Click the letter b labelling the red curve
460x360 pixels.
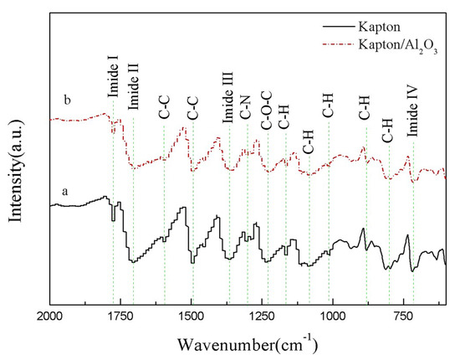coord(64,100)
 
